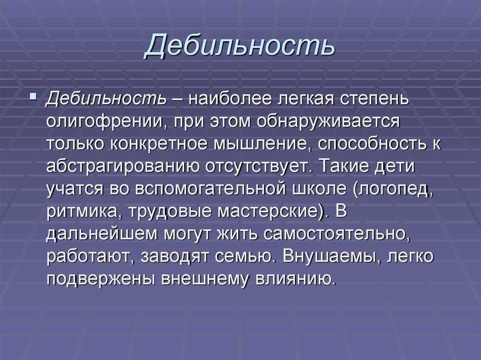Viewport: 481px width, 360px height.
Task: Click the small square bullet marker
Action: coord(33,97)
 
